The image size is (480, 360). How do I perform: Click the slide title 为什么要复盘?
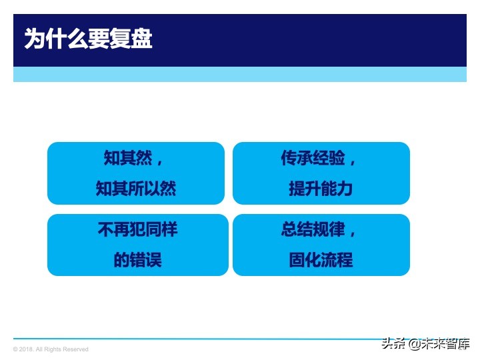88,39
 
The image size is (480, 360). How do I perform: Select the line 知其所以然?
136,189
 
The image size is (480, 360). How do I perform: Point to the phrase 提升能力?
321,189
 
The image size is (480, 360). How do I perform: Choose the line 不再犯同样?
137,230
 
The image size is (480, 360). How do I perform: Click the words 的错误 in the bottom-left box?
137,260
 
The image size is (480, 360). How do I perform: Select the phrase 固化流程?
321,260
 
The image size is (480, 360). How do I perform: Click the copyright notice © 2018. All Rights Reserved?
51,349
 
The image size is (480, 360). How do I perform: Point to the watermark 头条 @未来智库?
425,344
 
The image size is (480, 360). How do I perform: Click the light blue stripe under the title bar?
240,74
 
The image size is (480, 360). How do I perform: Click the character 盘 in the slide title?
141,39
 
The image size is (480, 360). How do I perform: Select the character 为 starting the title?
35,39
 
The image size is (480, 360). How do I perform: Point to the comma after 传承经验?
353,163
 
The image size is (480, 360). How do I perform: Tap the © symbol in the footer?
15,349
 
